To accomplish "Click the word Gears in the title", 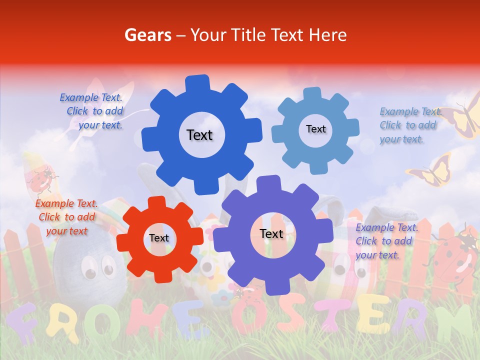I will (146, 35).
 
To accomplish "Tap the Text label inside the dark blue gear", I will (199, 135).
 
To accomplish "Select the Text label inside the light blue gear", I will (316, 129).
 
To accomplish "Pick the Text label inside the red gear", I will (159, 238).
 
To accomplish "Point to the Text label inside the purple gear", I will (271, 234).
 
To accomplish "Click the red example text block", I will (66, 217).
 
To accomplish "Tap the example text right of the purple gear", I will (386, 241).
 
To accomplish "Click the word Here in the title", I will (328, 35).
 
